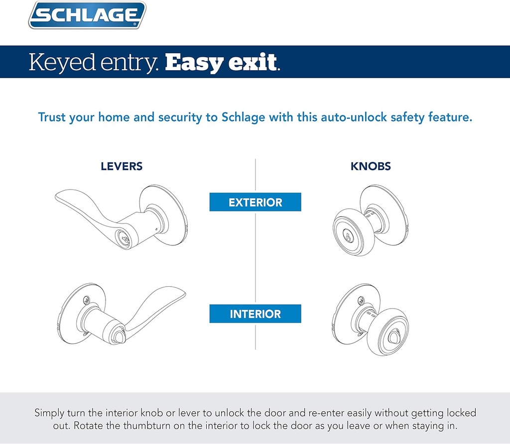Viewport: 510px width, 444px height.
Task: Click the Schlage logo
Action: [87, 16]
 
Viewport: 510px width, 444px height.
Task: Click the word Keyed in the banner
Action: [61, 62]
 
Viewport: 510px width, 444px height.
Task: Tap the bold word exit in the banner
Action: [254, 62]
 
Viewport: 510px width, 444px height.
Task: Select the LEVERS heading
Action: [122, 167]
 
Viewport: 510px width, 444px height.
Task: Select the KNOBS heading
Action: [371, 167]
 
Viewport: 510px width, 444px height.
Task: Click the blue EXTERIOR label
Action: [255, 203]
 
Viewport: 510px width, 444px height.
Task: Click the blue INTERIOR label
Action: [255, 314]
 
